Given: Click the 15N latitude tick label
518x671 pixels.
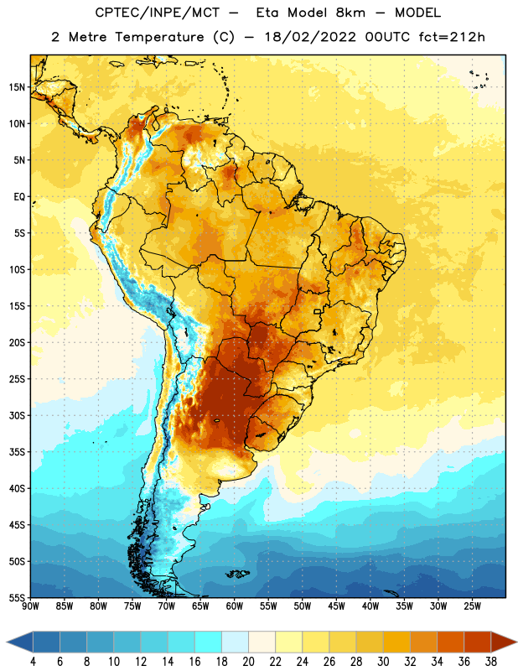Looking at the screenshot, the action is coord(17,87).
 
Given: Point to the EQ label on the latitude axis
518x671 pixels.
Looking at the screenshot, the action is coord(19,197).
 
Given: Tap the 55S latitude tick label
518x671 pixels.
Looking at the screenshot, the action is coord(17,597).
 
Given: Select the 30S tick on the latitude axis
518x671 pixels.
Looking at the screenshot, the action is coord(17,415).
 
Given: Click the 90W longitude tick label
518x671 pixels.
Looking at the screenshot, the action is coord(30,606).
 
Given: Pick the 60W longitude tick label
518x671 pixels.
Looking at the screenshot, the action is coord(235,606).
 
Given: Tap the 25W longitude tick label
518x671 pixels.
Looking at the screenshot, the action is coord(472,606).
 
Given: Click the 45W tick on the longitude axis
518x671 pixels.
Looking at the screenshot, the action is coord(336,606).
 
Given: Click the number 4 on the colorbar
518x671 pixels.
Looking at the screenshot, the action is coord(33,662).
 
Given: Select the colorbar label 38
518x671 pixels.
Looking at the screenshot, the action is coord(491,662).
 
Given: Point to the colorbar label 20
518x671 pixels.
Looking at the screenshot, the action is coord(248,662).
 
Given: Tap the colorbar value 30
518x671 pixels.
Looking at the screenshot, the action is coord(383,662).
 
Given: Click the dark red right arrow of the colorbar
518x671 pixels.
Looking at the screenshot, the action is coord(504,642).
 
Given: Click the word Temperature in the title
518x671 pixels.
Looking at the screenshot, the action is coord(159,37).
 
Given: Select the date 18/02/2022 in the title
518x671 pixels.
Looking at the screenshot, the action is coord(310,37).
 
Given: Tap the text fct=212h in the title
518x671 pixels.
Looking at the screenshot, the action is coord(452,37).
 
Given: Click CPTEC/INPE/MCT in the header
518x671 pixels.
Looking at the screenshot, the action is coord(157,13).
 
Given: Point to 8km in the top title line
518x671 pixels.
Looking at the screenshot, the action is coord(350,13).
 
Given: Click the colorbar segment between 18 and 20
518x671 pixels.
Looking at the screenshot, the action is coord(235,642).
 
